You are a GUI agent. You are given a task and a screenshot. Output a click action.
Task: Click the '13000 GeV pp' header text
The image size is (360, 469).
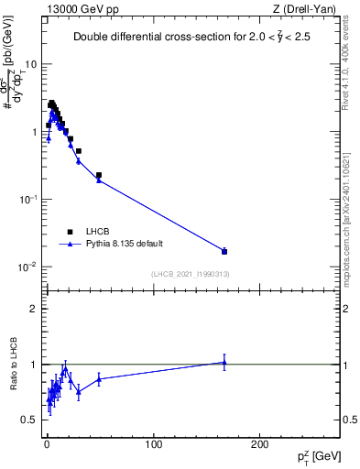click(x=84, y=8)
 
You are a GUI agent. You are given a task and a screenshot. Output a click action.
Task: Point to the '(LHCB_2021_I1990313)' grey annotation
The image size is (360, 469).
click(x=191, y=274)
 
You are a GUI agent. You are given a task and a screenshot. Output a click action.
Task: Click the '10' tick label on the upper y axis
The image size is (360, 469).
click(x=29, y=64)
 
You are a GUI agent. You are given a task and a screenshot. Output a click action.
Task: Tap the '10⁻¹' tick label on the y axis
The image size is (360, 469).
click(x=27, y=199)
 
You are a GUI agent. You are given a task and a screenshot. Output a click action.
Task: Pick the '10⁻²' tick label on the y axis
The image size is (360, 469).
click(x=27, y=267)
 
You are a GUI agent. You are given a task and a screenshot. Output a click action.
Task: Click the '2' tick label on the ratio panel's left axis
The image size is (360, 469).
click(x=33, y=309)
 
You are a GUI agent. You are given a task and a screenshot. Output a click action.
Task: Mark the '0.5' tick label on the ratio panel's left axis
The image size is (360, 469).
click(x=29, y=420)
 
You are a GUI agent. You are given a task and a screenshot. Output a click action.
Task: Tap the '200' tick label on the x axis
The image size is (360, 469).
click(x=260, y=444)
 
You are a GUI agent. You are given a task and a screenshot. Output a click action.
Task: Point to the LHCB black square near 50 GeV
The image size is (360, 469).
click(x=99, y=175)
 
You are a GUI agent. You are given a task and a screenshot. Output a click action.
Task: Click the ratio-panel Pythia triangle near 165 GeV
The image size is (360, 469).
click(x=224, y=362)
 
